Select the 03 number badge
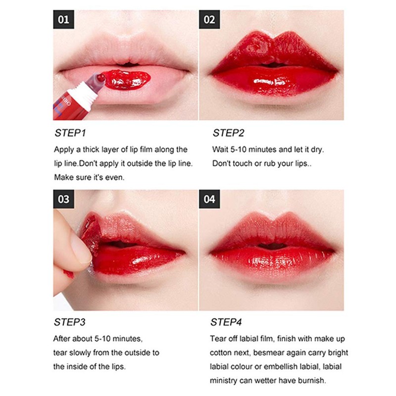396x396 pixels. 64,200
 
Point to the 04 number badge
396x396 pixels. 209,200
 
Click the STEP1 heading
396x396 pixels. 69,133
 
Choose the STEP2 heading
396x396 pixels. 229,133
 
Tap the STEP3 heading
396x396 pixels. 69,323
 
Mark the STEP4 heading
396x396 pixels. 226,323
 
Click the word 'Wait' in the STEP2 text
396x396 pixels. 221,149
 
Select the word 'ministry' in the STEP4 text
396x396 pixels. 227,381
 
